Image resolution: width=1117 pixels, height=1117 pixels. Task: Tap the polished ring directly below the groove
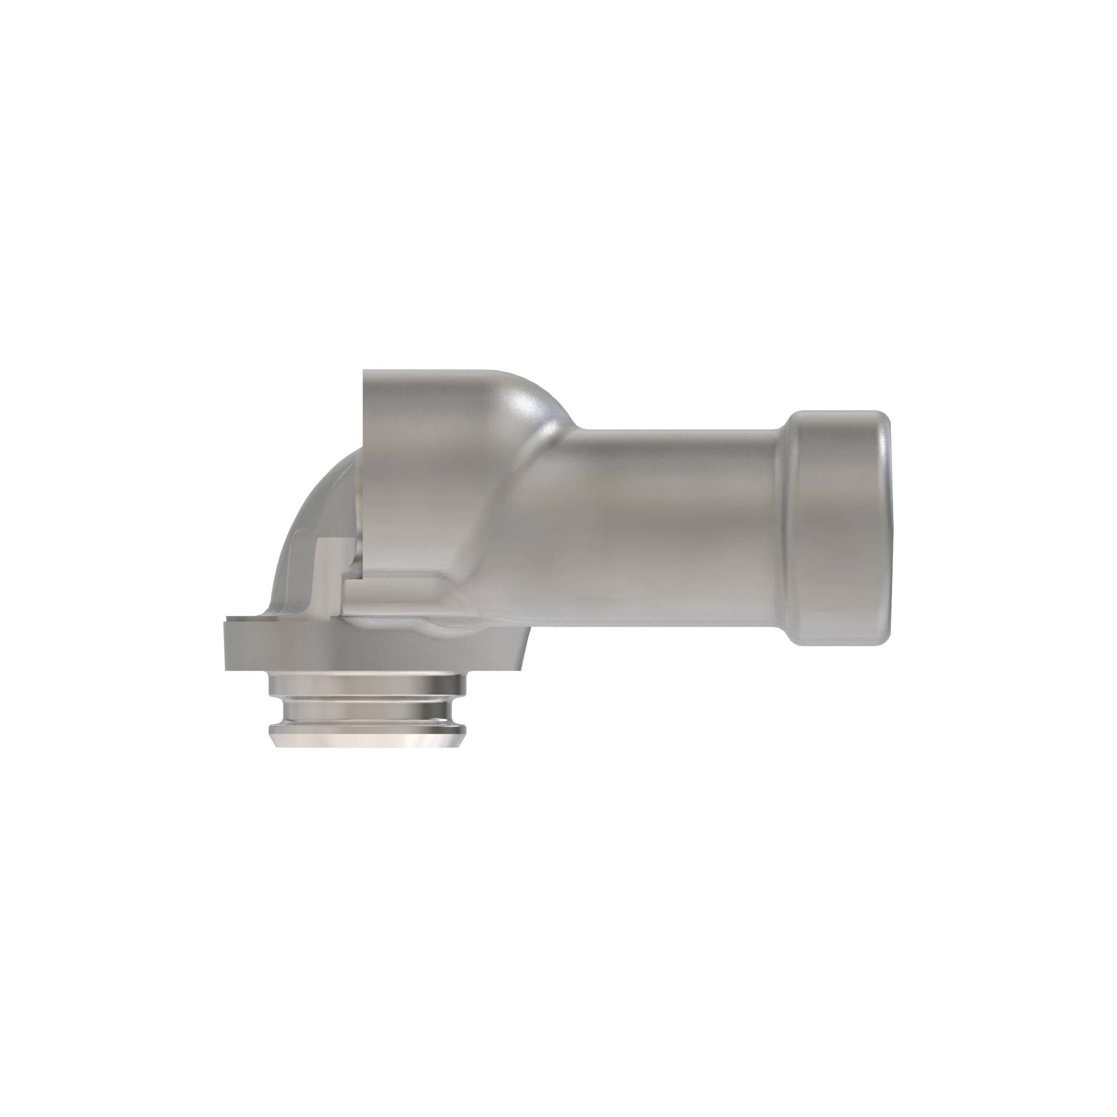click(366, 719)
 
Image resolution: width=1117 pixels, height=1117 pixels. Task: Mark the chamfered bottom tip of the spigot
click(366, 740)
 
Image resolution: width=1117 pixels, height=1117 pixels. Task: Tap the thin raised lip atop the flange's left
click(243, 619)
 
